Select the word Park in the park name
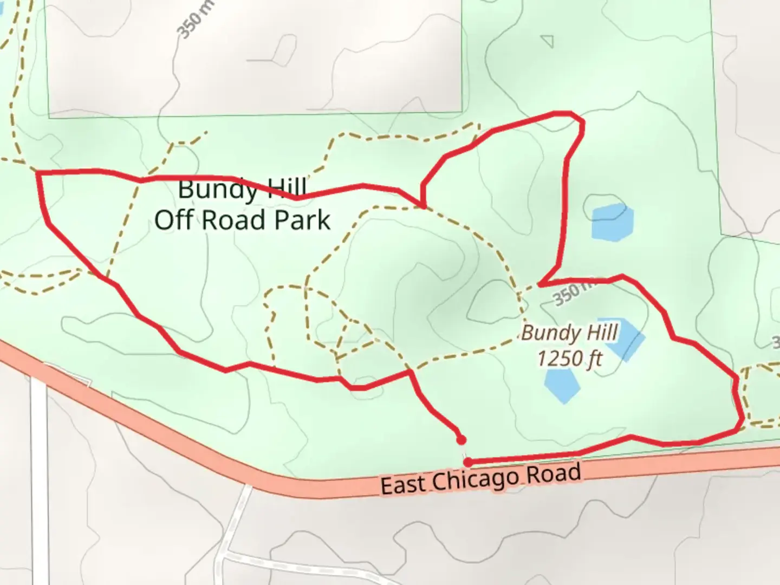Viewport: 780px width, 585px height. click(x=302, y=220)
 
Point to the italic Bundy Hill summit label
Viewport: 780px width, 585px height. click(x=569, y=333)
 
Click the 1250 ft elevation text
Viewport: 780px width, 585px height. click(x=569, y=358)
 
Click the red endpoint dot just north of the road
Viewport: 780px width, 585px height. click(x=461, y=439)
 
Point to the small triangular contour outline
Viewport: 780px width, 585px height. click(x=548, y=41)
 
